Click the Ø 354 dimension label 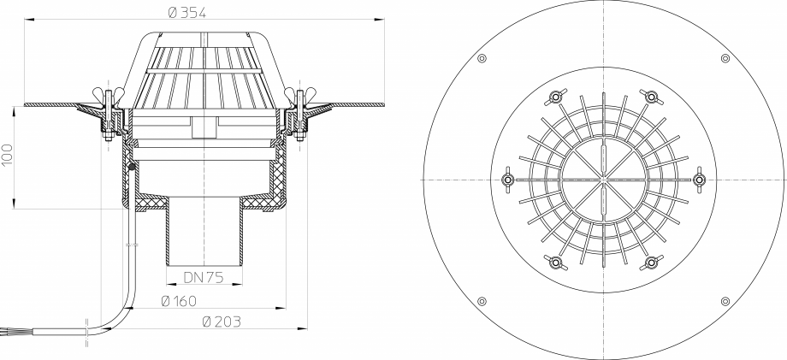coord(188,12)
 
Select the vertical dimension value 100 coord(8,155)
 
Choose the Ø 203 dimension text coord(220,322)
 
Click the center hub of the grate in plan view coord(604,180)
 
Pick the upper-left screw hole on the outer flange coord(482,58)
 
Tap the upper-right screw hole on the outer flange coord(725,58)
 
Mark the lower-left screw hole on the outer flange coord(482,301)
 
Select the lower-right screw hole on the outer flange coord(725,301)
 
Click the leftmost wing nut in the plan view coord(506,180)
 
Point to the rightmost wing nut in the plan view coord(701,180)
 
